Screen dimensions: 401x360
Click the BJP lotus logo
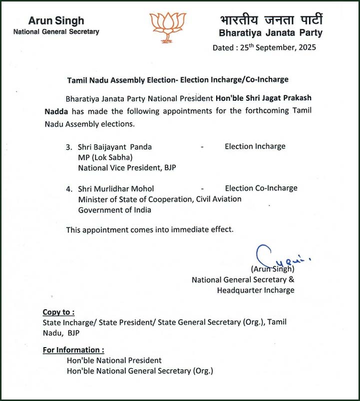168,27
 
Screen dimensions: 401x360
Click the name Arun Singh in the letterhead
56,21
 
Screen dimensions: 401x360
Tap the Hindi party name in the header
271,20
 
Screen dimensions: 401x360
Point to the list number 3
68,147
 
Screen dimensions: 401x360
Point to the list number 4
68,189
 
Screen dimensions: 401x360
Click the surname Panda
141,147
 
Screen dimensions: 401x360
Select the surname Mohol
142,189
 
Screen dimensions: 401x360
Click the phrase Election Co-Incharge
261,188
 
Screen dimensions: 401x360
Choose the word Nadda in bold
56,110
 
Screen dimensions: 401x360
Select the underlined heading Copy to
58,312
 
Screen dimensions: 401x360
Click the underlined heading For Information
73,350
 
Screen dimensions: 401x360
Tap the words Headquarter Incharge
255,290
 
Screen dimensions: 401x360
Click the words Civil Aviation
217,199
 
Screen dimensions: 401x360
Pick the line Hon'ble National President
114,360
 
